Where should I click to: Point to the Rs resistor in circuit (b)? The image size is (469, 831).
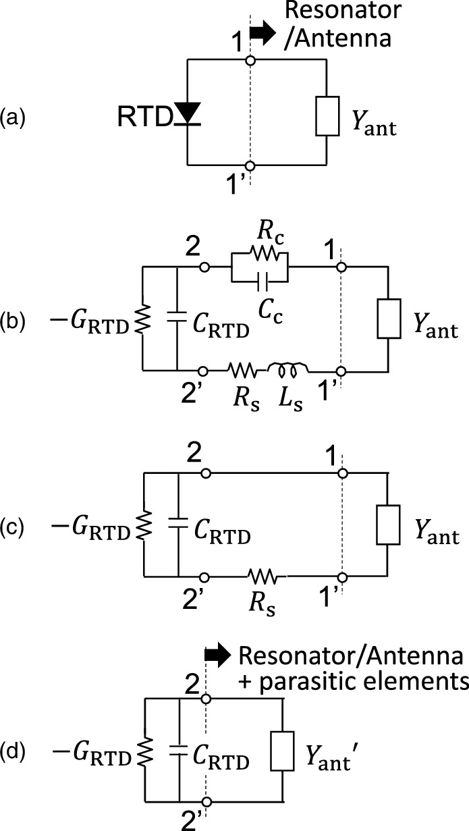(x=244, y=370)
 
